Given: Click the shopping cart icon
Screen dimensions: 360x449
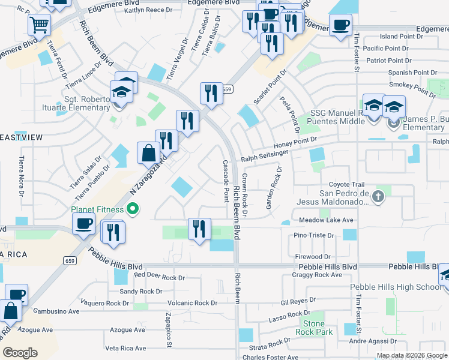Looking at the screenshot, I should coord(39,25).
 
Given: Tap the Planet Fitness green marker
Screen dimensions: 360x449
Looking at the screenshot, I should coord(134,209).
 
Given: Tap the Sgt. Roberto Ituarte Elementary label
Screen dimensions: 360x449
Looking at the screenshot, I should coord(74,104).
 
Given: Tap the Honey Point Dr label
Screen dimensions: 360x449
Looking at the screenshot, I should coord(295,142).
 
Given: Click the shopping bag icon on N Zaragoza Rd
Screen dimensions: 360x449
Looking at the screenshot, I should coord(148,153).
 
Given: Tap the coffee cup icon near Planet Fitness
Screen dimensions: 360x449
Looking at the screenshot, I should coord(83,224).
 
